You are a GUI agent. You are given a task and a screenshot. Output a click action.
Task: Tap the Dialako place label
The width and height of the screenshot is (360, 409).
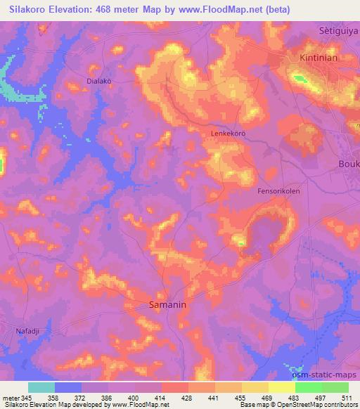(99, 81)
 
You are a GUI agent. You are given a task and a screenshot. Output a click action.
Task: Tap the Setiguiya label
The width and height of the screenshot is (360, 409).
(335, 31)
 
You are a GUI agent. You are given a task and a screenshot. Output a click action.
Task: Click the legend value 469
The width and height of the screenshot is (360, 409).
(267, 398)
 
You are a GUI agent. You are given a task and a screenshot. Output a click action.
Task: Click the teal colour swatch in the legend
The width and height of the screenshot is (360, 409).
(41, 387)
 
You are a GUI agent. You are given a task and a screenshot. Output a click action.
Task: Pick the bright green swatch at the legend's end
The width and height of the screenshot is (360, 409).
(335, 387)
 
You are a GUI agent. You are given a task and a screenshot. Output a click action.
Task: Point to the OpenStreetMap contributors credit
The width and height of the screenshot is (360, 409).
(317, 405)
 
